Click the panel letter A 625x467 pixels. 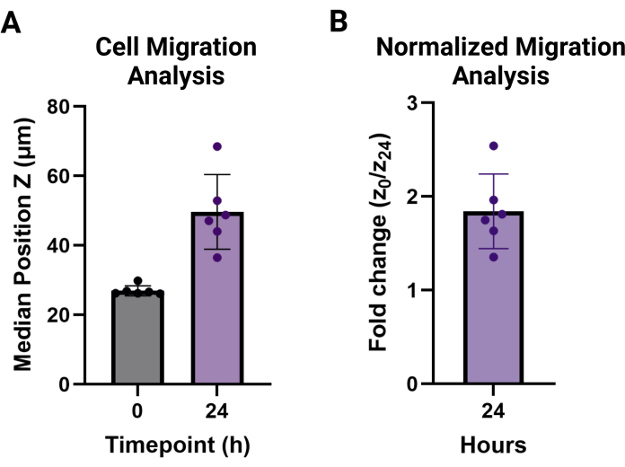[x=11, y=22]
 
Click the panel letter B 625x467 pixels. [x=339, y=22]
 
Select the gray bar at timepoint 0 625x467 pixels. [x=137, y=338]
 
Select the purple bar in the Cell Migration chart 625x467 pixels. [x=217, y=298]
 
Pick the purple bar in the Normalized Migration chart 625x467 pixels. [x=494, y=297]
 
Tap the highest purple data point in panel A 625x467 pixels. [x=217, y=146]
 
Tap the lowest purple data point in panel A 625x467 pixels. [x=217, y=258]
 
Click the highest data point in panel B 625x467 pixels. [x=494, y=146]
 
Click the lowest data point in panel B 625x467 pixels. [x=494, y=257]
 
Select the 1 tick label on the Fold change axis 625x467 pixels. [x=413, y=290]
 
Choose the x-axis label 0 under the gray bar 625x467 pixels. [x=137, y=410]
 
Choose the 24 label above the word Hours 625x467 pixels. [x=494, y=410]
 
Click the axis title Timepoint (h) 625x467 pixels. [x=178, y=445]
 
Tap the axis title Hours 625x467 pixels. [x=494, y=445]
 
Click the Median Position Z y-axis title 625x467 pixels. [x=22, y=244]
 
